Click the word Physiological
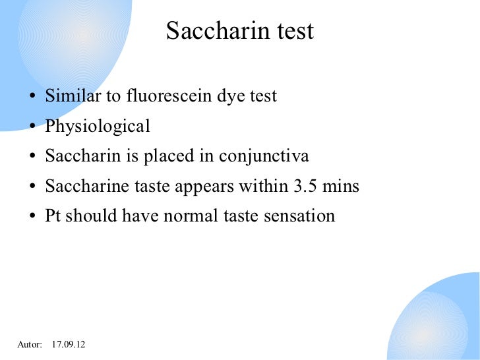[x=98, y=127]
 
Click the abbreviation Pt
[x=53, y=216]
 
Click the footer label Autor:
[x=29, y=345]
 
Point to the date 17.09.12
[x=69, y=345]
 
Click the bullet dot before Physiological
[x=32, y=128]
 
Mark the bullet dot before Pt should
[x=32, y=218]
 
